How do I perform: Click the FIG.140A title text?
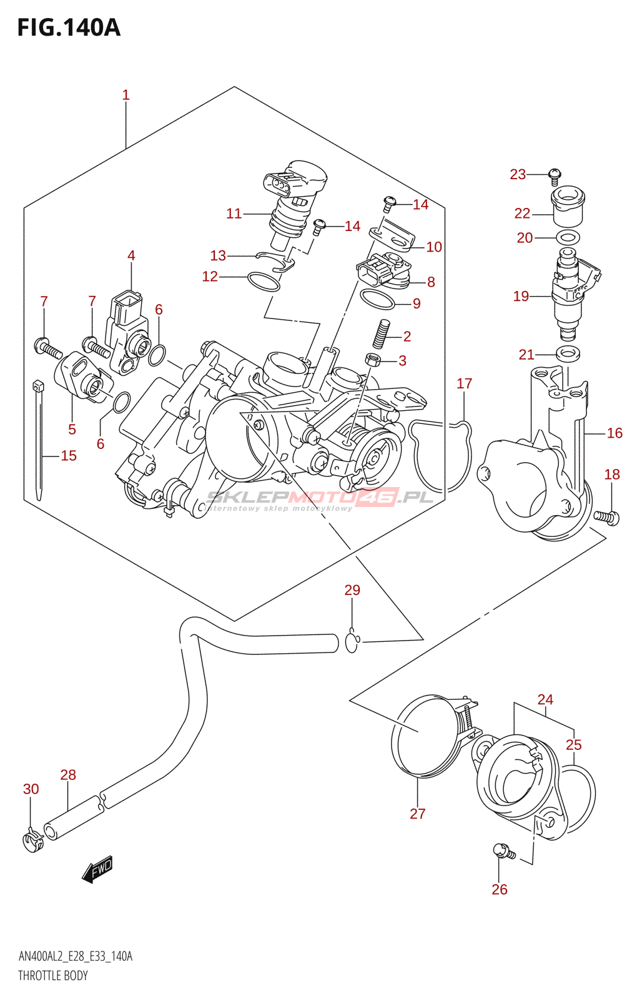[69, 27]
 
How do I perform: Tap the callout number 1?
[126, 95]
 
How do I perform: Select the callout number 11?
[234, 214]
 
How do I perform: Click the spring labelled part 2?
[381, 333]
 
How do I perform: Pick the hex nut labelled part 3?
[373, 360]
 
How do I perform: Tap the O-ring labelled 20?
[567, 237]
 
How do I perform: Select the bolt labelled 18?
[606, 516]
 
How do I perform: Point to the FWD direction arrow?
[98, 869]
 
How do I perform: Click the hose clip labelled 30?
[32, 840]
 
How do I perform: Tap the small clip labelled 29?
[352, 641]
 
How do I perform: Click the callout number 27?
[417, 814]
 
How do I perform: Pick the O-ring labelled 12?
[264, 282]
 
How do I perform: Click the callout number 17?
[464, 383]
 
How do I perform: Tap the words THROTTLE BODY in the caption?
[53, 975]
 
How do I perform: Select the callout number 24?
[545, 699]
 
